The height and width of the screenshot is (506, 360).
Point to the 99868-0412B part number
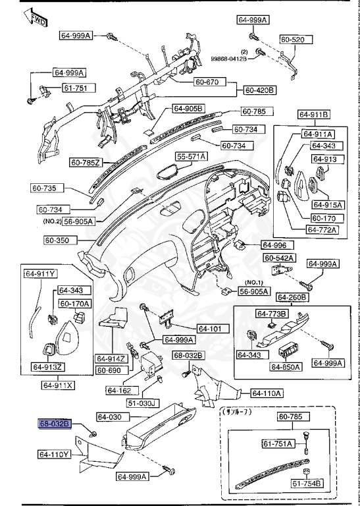coord(229,59)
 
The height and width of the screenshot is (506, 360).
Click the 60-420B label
coord(261,90)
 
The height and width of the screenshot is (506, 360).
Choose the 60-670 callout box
coord(209,82)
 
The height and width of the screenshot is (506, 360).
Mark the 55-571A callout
coord(191,156)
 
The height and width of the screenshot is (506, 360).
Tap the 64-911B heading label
coord(312,115)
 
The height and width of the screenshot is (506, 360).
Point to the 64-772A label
coord(321,230)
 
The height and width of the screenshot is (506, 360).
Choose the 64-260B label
coord(292,297)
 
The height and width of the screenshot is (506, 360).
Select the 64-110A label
coord(267,393)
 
